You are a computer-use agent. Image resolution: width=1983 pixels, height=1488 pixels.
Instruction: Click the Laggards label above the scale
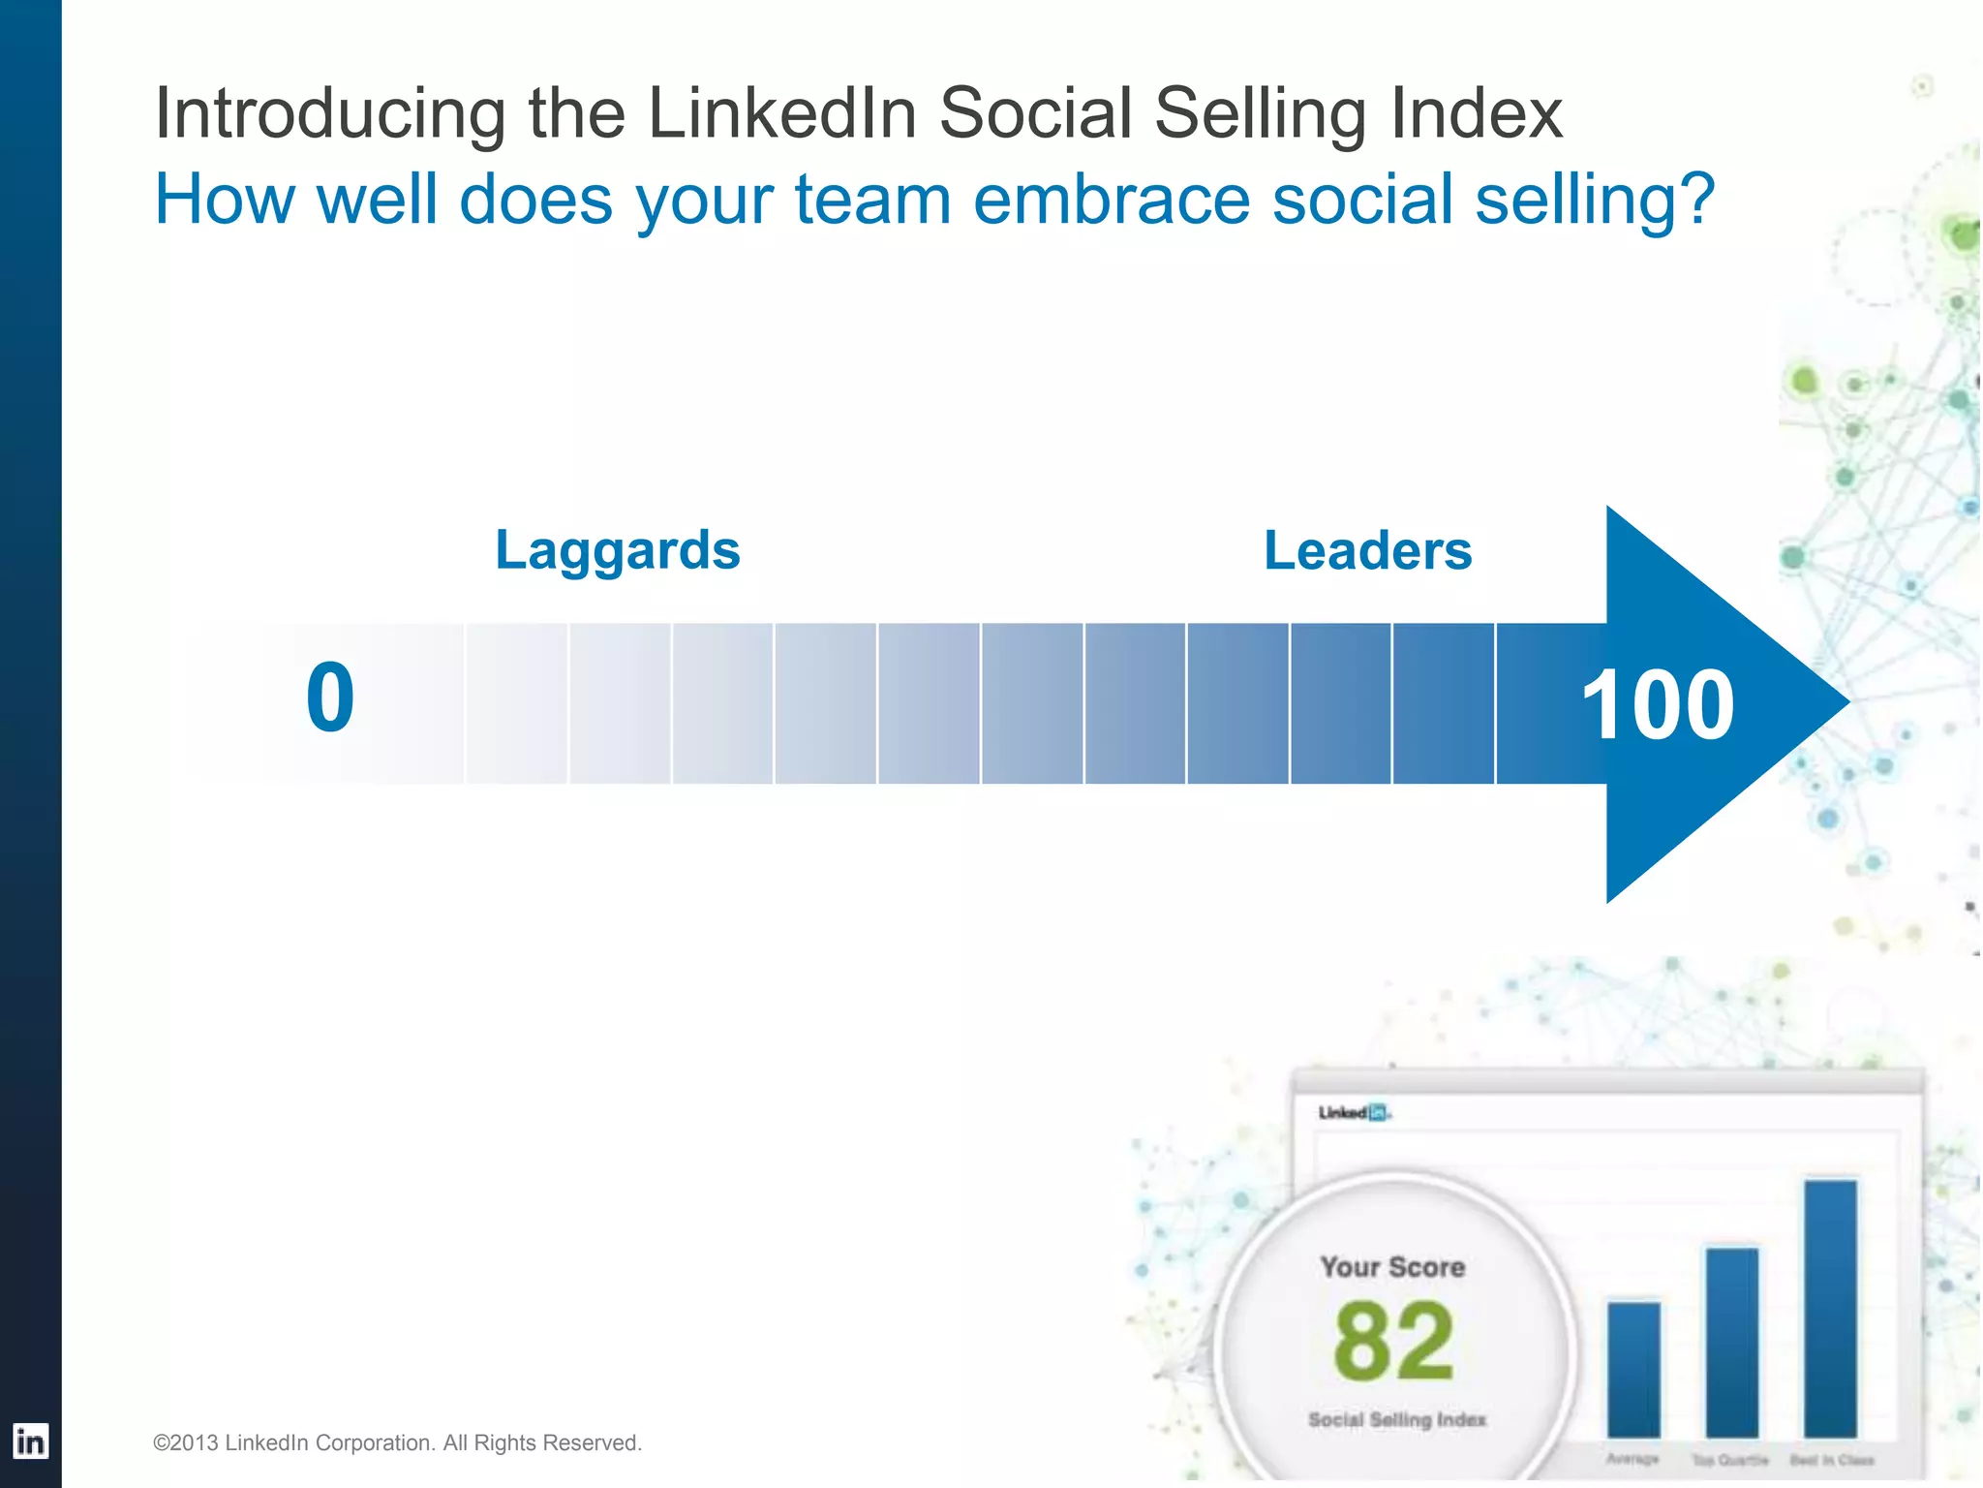(x=618, y=550)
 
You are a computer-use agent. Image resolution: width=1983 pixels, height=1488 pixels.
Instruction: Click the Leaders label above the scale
(x=1367, y=550)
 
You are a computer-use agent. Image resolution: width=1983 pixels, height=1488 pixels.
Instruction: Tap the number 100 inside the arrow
(x=1657, y=704)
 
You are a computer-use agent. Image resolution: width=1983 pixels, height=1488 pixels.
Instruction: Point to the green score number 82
(x=1393, y=1342)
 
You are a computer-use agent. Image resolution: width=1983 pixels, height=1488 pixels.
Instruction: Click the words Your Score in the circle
(x=1392, y=1267)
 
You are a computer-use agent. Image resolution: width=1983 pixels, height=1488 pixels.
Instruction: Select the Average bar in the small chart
(x=1633, y=1369)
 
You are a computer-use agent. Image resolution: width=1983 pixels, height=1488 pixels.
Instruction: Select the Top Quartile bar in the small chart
(x=1731, y=1342)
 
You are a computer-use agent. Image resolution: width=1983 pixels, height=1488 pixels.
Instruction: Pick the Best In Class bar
(x=1831, y=1308)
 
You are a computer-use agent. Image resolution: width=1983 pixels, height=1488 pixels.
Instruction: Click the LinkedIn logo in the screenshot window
(x=1354, y=1112)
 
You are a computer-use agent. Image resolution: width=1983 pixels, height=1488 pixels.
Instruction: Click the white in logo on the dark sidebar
(x=30, y=1441)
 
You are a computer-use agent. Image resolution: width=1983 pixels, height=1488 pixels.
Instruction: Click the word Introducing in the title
(x=330, y=114)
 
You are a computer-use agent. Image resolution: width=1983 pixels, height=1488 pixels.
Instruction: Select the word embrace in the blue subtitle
(x=1112, y=200)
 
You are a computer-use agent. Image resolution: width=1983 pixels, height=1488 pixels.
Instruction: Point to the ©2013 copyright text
(x=397, y=1443)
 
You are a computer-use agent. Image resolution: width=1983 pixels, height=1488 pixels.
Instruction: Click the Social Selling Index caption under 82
(x=1396, y=1420)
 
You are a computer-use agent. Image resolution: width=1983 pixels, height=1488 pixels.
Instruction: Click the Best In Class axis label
(x=1831, y=1460)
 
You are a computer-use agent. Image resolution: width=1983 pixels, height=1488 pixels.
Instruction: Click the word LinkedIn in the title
(x=782, y=112)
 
